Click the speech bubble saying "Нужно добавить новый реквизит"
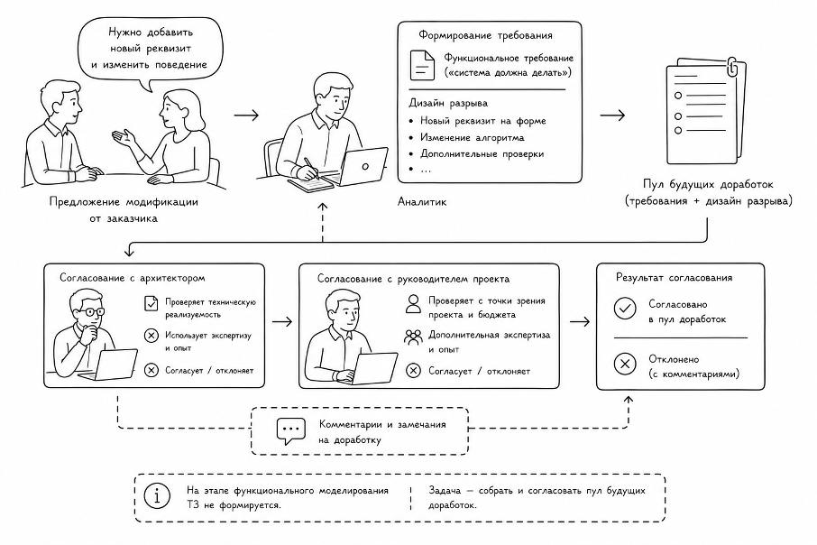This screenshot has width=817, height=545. point(150,48)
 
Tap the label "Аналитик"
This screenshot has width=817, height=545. point(422,202)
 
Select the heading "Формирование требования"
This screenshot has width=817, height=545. point(485,35)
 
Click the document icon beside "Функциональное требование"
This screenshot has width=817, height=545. point(422,65)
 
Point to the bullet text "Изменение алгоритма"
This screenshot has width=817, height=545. point(472,138)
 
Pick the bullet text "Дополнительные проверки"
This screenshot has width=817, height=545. point(482,154)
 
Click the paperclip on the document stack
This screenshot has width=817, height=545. point(732,68)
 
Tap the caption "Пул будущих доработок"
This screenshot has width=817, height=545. point(708,184)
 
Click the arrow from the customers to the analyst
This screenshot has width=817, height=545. point(246,115)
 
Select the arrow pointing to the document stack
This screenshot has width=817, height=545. point(613,115)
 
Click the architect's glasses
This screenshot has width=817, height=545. point(91,312)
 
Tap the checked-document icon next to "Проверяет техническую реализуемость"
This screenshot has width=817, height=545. point(151,303)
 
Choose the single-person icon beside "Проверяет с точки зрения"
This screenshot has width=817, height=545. point(413,304)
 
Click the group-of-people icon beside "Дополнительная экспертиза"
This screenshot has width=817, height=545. point(413,337)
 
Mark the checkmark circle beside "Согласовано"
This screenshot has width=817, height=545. point(625,309)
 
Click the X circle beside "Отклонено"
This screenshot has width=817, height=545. point(625,364)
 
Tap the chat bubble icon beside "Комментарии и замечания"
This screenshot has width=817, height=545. point(290,431)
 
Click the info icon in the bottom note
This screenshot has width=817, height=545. point(157,495)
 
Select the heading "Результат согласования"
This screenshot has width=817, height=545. point(674,277)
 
